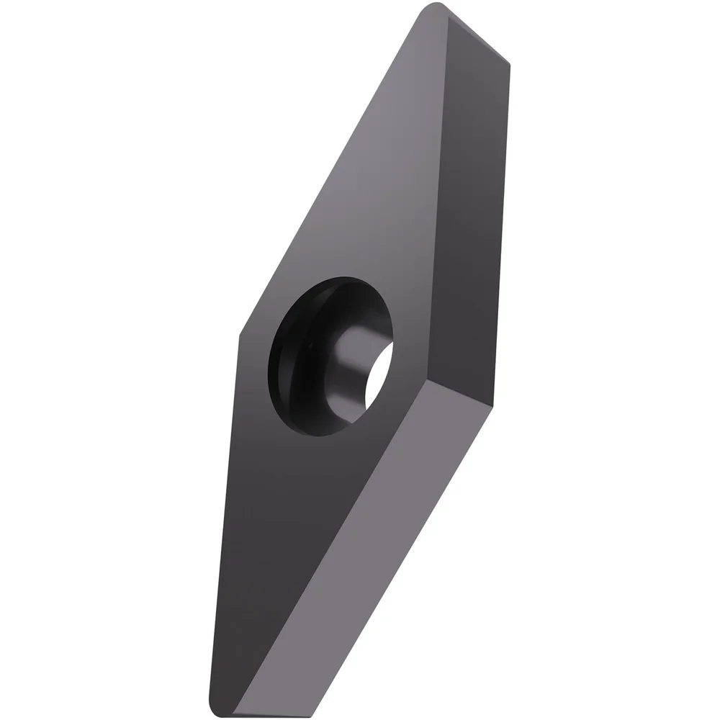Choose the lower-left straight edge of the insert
225,518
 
